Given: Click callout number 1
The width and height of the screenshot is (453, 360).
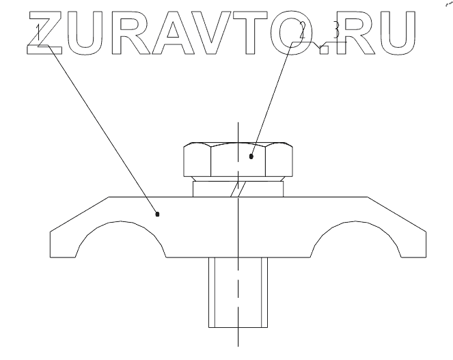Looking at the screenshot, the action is point(40,31).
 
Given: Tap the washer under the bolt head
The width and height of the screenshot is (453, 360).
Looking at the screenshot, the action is point(237,187).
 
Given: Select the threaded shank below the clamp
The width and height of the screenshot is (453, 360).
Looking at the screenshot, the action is point(237,294).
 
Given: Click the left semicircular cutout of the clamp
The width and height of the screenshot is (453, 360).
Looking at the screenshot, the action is point(124,243).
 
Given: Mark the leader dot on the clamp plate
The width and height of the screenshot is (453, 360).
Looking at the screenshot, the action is point(158,214).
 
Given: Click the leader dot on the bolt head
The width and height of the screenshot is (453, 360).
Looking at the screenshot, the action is point(252,156).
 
